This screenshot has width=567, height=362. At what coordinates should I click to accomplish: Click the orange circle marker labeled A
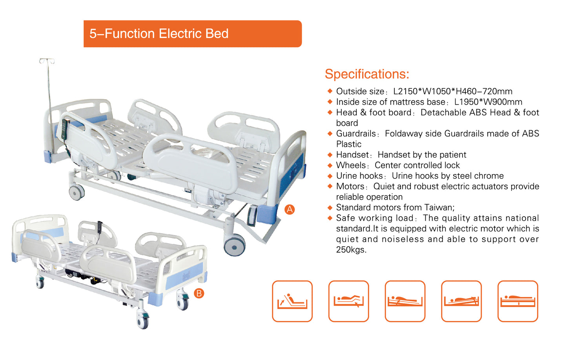click(290, 209)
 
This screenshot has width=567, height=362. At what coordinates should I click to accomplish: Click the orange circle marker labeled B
click(199, 293)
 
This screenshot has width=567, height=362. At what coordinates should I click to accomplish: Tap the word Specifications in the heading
click(367, 74)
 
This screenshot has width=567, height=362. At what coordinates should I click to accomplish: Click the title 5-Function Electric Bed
click(159, 34)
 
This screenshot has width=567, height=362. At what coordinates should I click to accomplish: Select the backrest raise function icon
click(292, 301)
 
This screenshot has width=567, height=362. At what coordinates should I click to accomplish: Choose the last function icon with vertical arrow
click(518, 301)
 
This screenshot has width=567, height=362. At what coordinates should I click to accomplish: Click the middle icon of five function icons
click(405, 301)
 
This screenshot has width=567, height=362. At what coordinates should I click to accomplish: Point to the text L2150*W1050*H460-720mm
click(452, 91)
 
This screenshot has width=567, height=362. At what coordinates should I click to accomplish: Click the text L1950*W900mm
click(488, 102)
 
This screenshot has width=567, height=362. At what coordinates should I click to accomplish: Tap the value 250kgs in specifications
click(351, 250)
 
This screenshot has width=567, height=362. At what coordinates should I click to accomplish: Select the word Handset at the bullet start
click(352, 155)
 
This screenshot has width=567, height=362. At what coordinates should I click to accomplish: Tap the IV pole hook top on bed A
click(47, 61)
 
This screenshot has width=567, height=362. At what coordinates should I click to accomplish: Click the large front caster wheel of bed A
click(235, 246)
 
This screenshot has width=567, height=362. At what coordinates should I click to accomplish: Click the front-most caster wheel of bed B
click(143, 321)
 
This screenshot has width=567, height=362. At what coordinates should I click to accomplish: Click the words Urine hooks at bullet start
click(359, 176)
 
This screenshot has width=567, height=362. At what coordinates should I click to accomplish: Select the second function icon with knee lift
click(348, 301)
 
